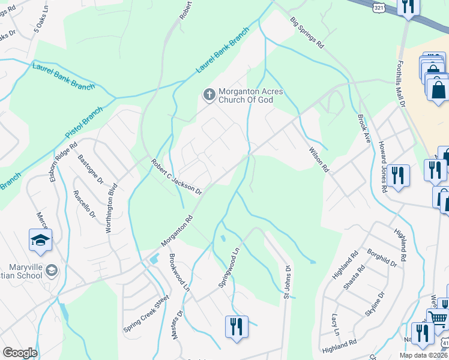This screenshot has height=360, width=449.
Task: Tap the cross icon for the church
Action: point(209,94)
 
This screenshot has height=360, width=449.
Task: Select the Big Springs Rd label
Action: point(307,33)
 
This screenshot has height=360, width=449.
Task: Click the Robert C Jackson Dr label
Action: point(176,176)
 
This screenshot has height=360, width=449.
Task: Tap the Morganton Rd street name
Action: point(176,231)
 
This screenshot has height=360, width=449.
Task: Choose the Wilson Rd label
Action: point(319,160)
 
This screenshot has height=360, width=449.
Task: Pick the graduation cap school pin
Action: point(40,240)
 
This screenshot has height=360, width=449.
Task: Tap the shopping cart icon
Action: point(438,319)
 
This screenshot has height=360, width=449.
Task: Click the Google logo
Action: point(19,353)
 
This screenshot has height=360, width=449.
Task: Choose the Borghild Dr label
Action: point(382,257)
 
